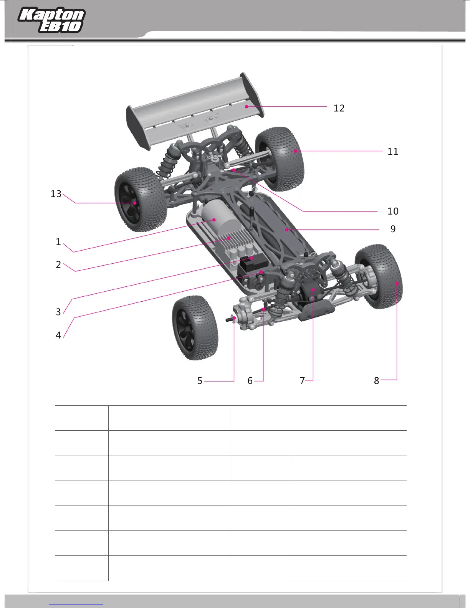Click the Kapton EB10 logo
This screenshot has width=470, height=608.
(51, 20)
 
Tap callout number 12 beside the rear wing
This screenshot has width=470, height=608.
(339, 108)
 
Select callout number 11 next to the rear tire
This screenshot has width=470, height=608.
(393, 152)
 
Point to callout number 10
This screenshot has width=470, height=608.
(393, 211)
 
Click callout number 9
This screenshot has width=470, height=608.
(393, 229)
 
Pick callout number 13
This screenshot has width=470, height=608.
(56, 194)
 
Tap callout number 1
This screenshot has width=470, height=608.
(58, 242)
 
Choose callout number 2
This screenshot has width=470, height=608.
(58, 265)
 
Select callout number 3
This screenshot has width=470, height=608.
(58, 312)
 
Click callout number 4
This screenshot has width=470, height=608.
(58, 335)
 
